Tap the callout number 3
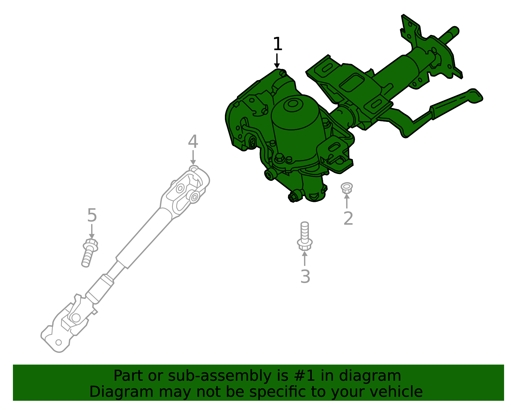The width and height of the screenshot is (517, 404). (x=305, y=277)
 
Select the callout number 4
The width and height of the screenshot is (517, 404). (x=193, y=142)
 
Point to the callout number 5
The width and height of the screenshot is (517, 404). (x=92, y=215)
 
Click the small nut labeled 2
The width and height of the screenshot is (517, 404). (x=347, y=188)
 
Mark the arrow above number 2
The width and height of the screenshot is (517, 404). (x=347, y=201)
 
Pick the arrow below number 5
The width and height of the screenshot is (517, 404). (x=92, y=232)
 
